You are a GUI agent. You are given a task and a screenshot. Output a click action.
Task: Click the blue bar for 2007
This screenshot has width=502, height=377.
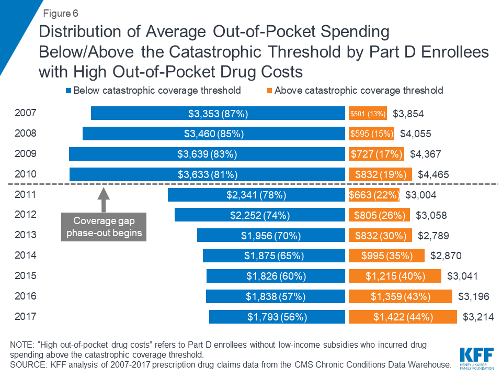(x=218, y=113)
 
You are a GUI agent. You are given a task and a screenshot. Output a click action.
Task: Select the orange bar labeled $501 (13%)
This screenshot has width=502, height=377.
(x=368, y=113)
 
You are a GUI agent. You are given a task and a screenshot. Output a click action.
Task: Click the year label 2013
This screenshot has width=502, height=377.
(x=26, y=235)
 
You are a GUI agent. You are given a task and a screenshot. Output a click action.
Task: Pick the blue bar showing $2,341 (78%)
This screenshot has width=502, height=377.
(x=256, y=195)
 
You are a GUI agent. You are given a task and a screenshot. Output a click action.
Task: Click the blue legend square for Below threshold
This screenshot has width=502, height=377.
(x=68, y=91)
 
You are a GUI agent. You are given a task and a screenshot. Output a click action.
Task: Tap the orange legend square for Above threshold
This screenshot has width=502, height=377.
(x=269, y=91)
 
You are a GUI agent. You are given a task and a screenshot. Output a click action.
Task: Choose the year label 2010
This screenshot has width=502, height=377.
(x=26, y=174)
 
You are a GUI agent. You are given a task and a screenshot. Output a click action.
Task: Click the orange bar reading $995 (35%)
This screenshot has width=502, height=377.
(x=387, y=256)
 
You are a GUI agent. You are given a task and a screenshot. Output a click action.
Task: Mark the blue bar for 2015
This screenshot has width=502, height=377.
(x=276, y=276)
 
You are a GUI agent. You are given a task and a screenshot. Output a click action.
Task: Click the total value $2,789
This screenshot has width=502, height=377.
(x=433, y=236)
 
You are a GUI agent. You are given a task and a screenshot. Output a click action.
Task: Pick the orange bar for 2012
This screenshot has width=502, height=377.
(x=380, y=215)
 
